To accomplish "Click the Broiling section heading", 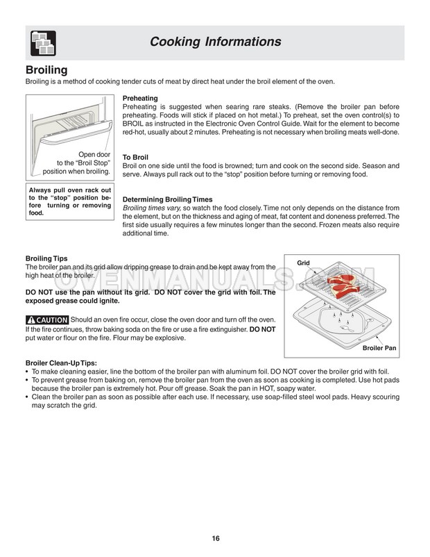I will coord(46,70).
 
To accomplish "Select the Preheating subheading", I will coord(140,99).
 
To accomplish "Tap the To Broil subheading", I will coord(135,158).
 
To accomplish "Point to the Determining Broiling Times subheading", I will coord(167,199).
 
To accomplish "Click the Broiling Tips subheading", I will coord(46,258).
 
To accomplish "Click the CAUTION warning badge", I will coord(46,319).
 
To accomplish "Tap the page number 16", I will coord(216,538).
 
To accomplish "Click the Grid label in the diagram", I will coord(303,263).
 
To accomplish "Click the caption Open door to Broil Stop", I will coord(76,163).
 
